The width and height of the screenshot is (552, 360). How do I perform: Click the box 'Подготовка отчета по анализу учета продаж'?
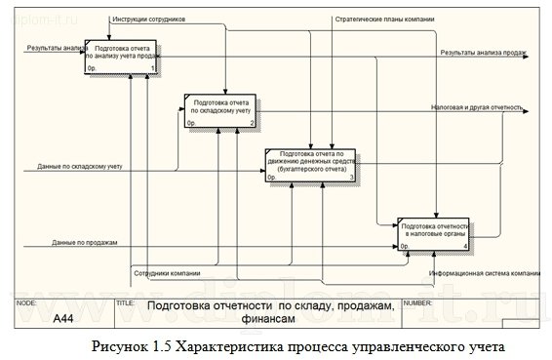[123, 58]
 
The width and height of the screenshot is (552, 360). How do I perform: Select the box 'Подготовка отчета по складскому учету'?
[221, 110]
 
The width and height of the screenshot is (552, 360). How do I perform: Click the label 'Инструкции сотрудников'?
[148, 19]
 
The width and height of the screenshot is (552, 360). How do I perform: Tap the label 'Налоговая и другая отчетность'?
[475, 107]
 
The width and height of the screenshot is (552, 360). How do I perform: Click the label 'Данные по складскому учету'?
[72, 167]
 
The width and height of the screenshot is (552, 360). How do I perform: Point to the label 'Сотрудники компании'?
[168, 272]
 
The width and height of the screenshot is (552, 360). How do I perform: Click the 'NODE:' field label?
[27, 303]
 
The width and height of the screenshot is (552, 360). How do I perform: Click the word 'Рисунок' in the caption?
[124, 346]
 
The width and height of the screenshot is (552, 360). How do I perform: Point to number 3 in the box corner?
[351, 179]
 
